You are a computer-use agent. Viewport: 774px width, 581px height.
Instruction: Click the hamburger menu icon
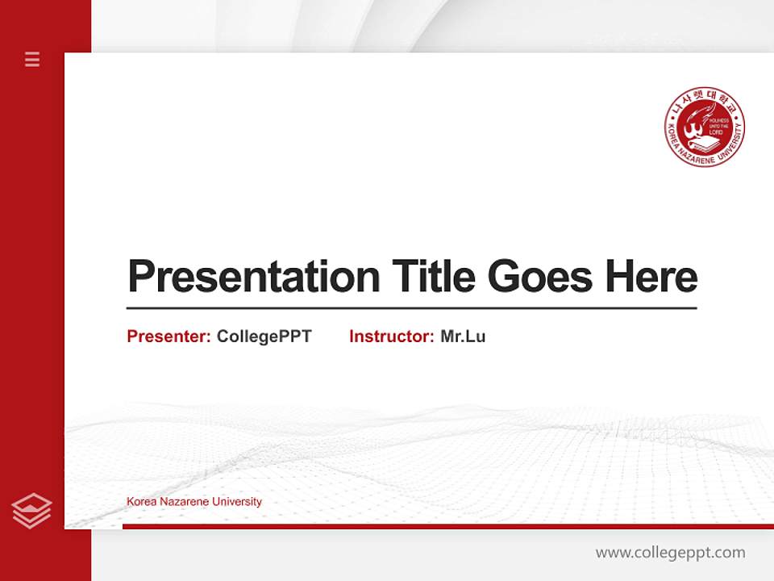click(32, 59)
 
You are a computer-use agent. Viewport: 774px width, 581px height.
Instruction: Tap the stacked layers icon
click(31, 511)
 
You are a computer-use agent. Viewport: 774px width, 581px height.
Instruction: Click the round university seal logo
click(704, 127)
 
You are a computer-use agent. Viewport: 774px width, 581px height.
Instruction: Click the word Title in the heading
click(433, 276)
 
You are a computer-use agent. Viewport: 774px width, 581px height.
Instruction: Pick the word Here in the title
click(651, 276)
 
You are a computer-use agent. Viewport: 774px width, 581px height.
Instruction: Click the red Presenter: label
click(169, 336)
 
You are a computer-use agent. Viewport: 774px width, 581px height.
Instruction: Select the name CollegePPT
click(264, 336)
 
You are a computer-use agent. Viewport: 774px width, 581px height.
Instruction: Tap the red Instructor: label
click(392, 336)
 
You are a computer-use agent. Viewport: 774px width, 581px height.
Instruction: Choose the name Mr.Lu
click(463, 336)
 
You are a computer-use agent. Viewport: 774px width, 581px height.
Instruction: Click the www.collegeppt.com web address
click(670, 553)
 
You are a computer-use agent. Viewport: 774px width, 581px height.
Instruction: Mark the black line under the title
click(411, 308)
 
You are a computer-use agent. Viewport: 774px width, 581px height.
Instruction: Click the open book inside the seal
click(707, 144)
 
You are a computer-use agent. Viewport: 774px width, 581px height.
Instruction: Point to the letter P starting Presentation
click(142, 276)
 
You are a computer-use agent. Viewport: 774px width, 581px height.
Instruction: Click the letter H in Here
click(619, 276)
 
